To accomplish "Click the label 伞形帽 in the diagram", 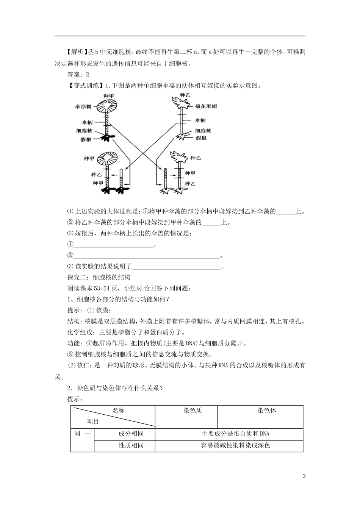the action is (x=83, y=107).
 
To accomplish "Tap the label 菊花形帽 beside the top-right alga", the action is (x=206, y=106).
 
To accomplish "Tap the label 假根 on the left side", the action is (x=86, y=139).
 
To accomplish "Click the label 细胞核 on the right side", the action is (x=203, y=131).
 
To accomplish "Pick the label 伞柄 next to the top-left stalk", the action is (x=87, y=123).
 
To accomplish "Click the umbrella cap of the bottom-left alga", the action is (x=108, y=159).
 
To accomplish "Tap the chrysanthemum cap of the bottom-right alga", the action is (x=178, y=157).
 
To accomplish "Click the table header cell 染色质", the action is (x=193, y=411).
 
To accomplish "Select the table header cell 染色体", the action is (x=267, y=411).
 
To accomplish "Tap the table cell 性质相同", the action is (x=131, y=445).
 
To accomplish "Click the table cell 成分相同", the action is (x=131, y=434).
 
